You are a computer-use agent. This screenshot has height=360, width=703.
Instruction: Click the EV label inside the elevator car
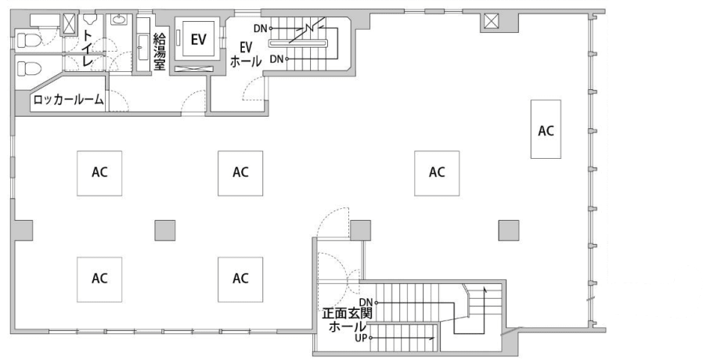click(198, 39)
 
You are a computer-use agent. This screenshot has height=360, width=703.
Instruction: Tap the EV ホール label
click(245, 54)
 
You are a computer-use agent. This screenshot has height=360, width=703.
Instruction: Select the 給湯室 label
click(160, 52)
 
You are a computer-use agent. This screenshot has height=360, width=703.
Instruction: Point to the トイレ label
click(87, 49)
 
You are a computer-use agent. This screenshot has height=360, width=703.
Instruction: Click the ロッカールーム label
click(69, 99)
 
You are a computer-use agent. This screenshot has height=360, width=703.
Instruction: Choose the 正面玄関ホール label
click(346, 319)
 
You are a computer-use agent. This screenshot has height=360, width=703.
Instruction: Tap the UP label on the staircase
click(361, 339)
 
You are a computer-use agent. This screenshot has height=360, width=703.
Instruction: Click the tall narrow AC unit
click(546, 129)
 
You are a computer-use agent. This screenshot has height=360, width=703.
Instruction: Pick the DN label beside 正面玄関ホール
click(366, 303)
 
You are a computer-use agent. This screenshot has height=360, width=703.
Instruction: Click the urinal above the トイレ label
click(90, 19)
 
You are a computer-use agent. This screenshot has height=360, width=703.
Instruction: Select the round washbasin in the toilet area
click(119, 19)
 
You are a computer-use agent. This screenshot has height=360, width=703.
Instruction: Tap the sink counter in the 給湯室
click(143, 44)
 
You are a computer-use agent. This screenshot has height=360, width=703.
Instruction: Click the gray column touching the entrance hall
click(360, 229)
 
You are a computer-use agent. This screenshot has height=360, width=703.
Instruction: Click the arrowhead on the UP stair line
click(433, 339)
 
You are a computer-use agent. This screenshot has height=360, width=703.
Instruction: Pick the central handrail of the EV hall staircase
click(298, 43)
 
